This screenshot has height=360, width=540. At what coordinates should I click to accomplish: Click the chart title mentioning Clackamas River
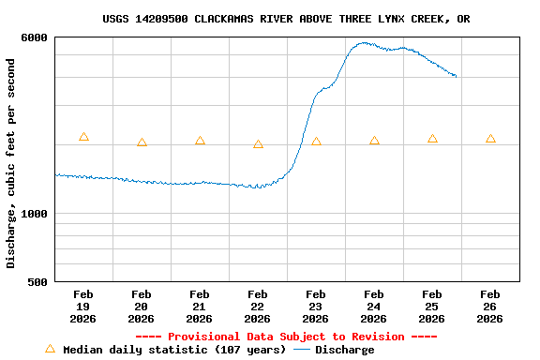pyautogui.click(x=286, y=19)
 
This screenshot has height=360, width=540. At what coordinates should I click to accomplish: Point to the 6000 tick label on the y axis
pyautogui.click(x=35, y=37)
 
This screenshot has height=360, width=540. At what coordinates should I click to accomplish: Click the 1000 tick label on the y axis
pyautogui.click(x=35, y=214)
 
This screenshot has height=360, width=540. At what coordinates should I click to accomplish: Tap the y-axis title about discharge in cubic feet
pyautogui.click(x=11, y=163)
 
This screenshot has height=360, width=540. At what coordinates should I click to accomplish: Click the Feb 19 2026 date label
pyautogui.click(x=82, y=307)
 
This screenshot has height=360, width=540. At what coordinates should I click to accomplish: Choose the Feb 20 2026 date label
pyautogui.click(x=141, y=307)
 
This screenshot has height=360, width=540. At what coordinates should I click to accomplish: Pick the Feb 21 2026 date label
pyautogui.click(x=199, y=307)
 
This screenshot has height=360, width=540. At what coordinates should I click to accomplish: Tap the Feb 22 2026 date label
pyautogui.click(x=257, y=307)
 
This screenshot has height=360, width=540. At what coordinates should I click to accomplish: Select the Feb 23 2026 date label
pyautogui.click(x=315, y=307)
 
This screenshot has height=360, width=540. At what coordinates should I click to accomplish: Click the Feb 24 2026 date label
pyautogui.click(x=373, y=307)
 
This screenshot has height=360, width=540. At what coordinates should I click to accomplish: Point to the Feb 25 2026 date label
pyautogui.click(x=431, y=307)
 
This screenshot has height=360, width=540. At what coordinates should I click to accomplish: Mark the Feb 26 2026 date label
pyautogui.click(x=489, y=307)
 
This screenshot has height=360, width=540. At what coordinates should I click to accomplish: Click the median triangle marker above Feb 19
pyautogui.click(x=83, y=137)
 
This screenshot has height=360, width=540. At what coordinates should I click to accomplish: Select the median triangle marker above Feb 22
pyautogui.click(x=258, y=144)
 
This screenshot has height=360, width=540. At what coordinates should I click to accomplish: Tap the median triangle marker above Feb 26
pyautogui.click(x=490, y=139)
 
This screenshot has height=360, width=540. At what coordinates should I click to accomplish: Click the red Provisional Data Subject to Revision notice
pyautogui.click(x=286, y=337)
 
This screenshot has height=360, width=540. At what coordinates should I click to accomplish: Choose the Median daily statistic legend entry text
pyautogui.click(x=174, y=350)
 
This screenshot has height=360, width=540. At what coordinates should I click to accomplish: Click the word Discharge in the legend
pyautogui.click(x=344, y=350)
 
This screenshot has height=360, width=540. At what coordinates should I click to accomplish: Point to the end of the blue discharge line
pyautogui.click(x=457, y=76)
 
